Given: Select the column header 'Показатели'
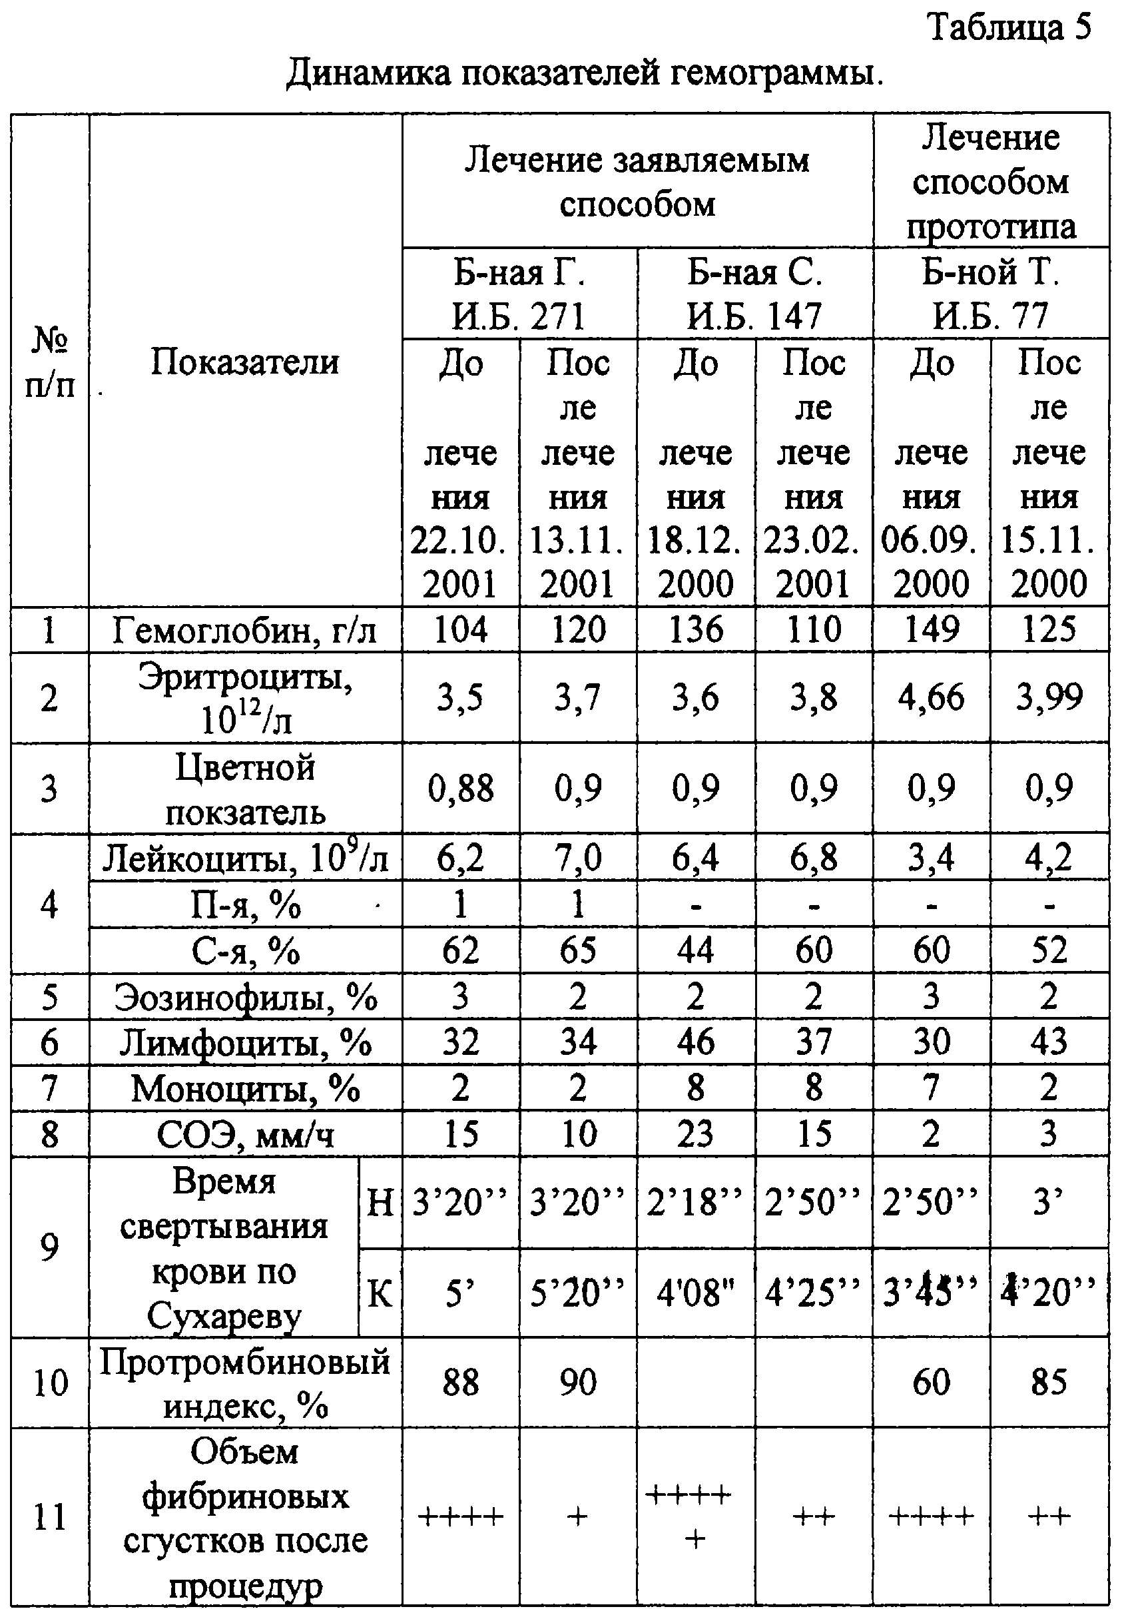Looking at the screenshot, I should pos(244,363).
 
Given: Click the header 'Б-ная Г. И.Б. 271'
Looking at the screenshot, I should pos(519,294).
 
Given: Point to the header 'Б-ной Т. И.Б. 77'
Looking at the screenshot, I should pos(991,294).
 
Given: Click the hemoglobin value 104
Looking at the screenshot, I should pos(460,629).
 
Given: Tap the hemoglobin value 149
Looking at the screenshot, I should pos(931,629).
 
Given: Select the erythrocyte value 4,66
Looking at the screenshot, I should pos(931,697).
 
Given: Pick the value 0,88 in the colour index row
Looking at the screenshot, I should pos(460,788).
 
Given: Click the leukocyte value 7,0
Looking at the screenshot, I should pos(577,858).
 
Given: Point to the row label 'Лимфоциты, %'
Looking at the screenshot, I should pos(244,1042).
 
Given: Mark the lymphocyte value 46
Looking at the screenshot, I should pos(696,1042).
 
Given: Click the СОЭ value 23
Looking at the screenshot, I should pos(696,1134).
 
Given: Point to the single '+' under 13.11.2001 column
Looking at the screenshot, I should pos(577,1516).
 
